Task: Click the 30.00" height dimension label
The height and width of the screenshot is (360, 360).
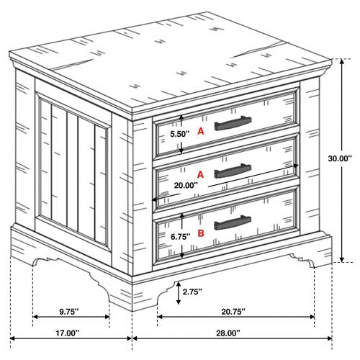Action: tap(340, 158)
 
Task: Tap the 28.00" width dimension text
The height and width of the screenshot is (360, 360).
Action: tap(228, 333)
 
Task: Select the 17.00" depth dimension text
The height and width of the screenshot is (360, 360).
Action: tap(68, 333)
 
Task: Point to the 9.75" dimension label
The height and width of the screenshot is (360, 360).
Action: tap(69, 312)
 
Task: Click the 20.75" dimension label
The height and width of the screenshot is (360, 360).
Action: tap(233, 312)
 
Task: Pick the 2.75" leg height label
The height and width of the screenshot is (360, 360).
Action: tap(192, 292)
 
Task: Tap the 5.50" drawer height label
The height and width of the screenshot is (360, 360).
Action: tap(180, 134)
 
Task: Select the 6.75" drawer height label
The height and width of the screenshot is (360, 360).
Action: tap(181, 237)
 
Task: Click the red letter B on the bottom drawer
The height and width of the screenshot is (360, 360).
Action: tap(201, 233)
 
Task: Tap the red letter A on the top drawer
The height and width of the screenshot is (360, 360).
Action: tap(201, 131)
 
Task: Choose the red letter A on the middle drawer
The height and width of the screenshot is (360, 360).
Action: tap(200, 175)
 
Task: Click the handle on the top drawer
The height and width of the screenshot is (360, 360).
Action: tap(233, 123)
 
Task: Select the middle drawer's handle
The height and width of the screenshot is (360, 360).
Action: tap(233, 171)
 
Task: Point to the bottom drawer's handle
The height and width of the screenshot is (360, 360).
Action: tap(233, 222)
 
